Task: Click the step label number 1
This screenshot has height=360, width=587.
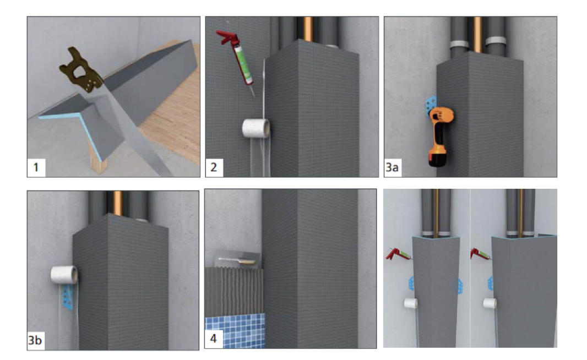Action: point(36,167)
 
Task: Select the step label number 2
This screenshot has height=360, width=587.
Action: point(214,167)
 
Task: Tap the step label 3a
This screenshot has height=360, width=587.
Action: point(392,167)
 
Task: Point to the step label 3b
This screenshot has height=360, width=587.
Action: point(35,340)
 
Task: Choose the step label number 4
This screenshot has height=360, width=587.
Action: point(214,339)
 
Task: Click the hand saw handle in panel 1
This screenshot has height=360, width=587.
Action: point(81,70)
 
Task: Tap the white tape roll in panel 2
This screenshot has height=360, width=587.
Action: point(256,128)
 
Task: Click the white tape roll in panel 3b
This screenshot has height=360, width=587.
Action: point(64,275)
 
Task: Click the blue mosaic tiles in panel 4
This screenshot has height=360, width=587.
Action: point(235,331)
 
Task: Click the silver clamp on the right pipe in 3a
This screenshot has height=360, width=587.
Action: point(495,40)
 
